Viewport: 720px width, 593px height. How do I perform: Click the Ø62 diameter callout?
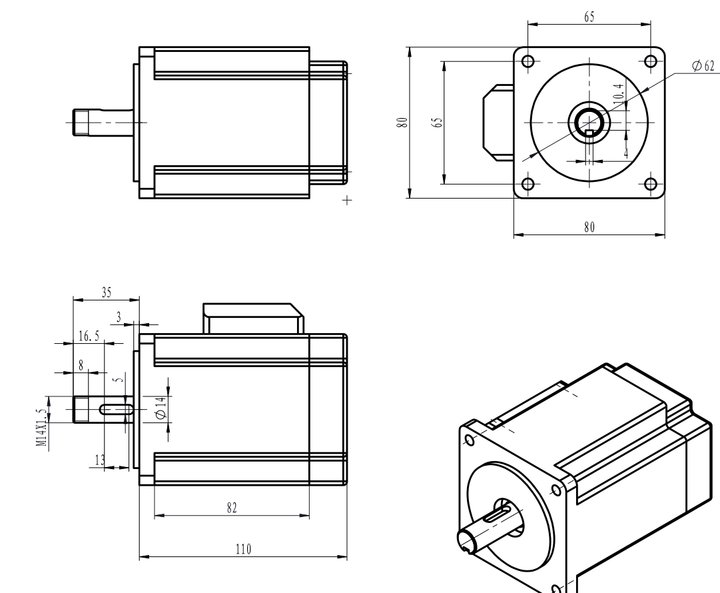(x=703, y=65)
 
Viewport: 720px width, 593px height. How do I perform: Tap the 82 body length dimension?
(x=231, y=507)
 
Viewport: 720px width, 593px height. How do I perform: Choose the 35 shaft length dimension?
(x=106, y=292)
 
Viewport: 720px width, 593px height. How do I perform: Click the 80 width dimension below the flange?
(x=589, y=227)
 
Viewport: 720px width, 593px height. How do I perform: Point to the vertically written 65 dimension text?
(x=436, y=123)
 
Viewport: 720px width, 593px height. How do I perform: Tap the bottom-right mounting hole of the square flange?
(x=651, y=184)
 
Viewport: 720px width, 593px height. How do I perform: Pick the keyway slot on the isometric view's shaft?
(x=498, y=514)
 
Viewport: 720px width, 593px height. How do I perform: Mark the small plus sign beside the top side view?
(x=346, y=199)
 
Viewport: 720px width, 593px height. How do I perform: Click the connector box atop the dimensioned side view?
(x=252, y=318)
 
